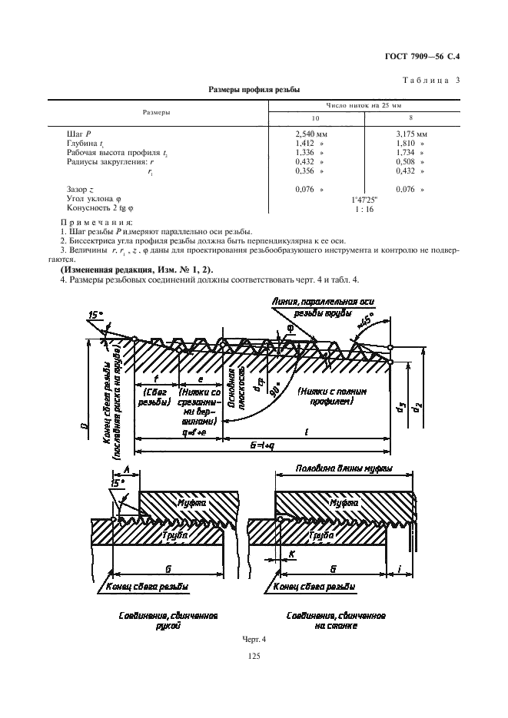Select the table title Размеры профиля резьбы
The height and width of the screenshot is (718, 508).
tap(254, 89)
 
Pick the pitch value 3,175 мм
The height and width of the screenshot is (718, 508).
tap(411, 134)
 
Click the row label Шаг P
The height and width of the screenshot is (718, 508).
tap(78, 134)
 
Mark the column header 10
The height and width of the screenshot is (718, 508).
tap(315, 118)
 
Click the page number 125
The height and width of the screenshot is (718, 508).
tap(254, 657)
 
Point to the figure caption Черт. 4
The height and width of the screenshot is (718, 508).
tap(254, 639)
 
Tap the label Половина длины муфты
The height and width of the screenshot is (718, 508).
tap(344, 468)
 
